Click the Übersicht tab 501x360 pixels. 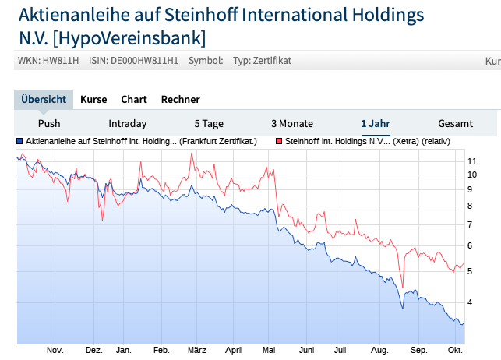pyautogui.click(x=44, y=99)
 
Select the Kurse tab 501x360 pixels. pyautogui.click(x=93, y=99)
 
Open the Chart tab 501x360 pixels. pyautogui.click(x=134, y=99)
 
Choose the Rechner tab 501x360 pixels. pyautogui.click(x=180, y=99)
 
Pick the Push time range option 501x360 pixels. pyautogui.click(x=49, y=123)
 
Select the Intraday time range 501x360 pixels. pyautogui.click(x=127, y=123)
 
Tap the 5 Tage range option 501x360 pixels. pyautogui.click(x=209, y=123)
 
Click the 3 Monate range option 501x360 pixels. pyautogui.click(x=292, y=123)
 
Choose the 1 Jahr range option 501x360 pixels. pyautogui.click(x=376, y=123)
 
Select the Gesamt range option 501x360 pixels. pyautogui.click(x=455, y=123)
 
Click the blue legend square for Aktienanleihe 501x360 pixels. pyautogui.click(x=19, y=142)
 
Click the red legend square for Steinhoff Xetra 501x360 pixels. pyautogui.click(x=278, y=142)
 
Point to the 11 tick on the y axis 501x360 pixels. pyautogui.click(x=471, y=161)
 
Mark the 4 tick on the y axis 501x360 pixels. pyautogui.click(x=470, y=302)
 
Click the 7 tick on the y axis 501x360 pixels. pyautogui.click(x=470, y=224)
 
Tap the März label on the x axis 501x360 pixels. pyautogui.click(x=196, y=351)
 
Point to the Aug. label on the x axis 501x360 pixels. pyautogui.click(x=380, y=351)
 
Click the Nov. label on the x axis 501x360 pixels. pyautogui.click(x=55, y=351)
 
